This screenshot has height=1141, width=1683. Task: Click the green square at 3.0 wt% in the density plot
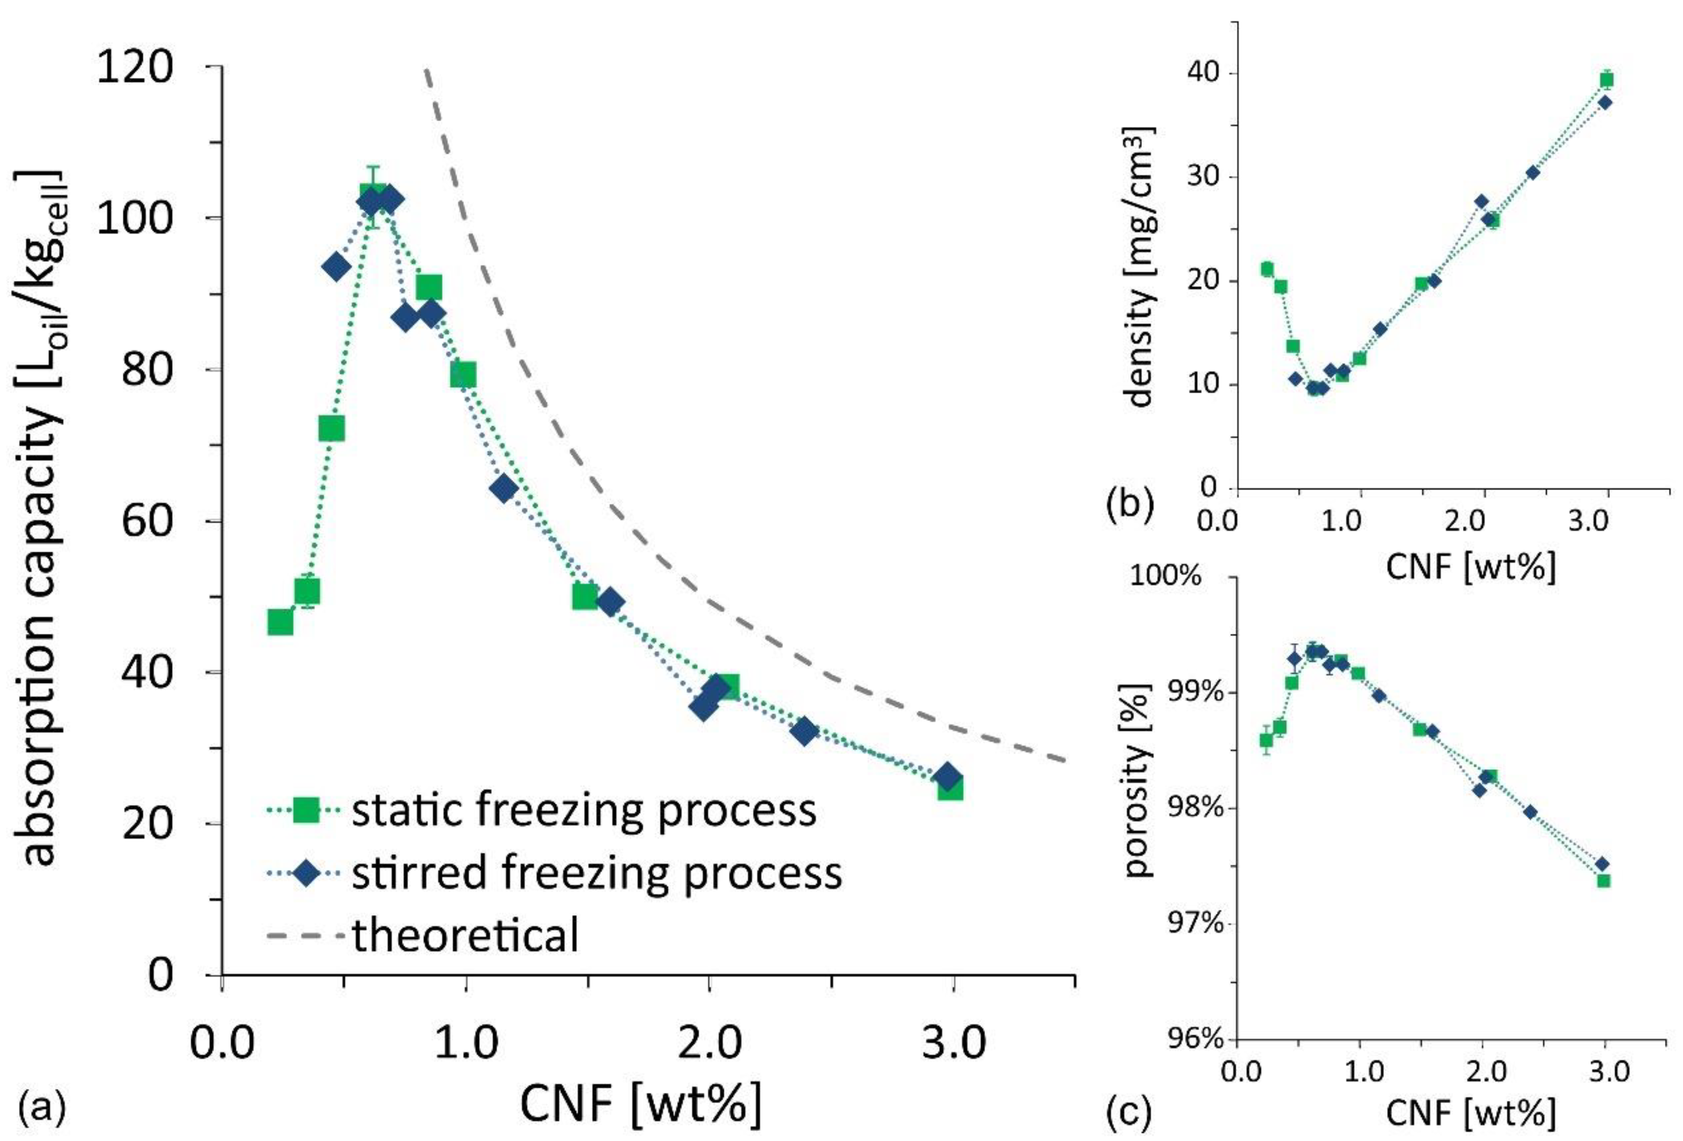click(x=1607, y=80)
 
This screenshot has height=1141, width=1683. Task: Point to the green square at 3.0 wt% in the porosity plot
click(x=1603, y=881)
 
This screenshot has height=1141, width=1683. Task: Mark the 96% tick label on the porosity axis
click(x=1182, y=1040)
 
